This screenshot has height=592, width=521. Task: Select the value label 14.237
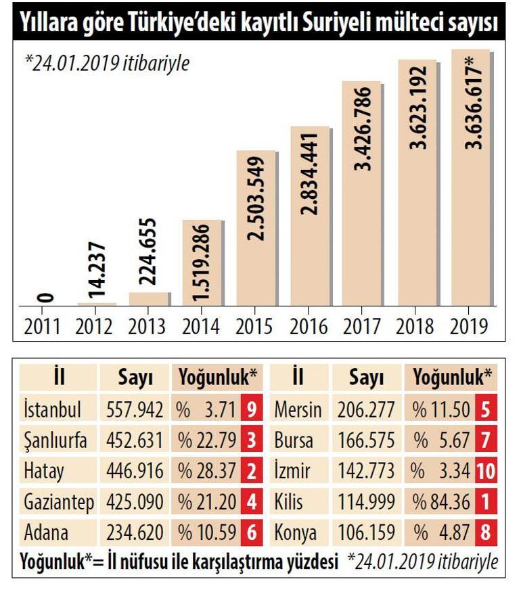pos(97,271)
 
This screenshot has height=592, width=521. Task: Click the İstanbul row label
pos(52,410)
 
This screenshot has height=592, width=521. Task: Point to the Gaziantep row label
pos(60,503)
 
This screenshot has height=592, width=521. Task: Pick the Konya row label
pos(296,533)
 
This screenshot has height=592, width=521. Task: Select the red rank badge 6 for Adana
pos(252,533)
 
